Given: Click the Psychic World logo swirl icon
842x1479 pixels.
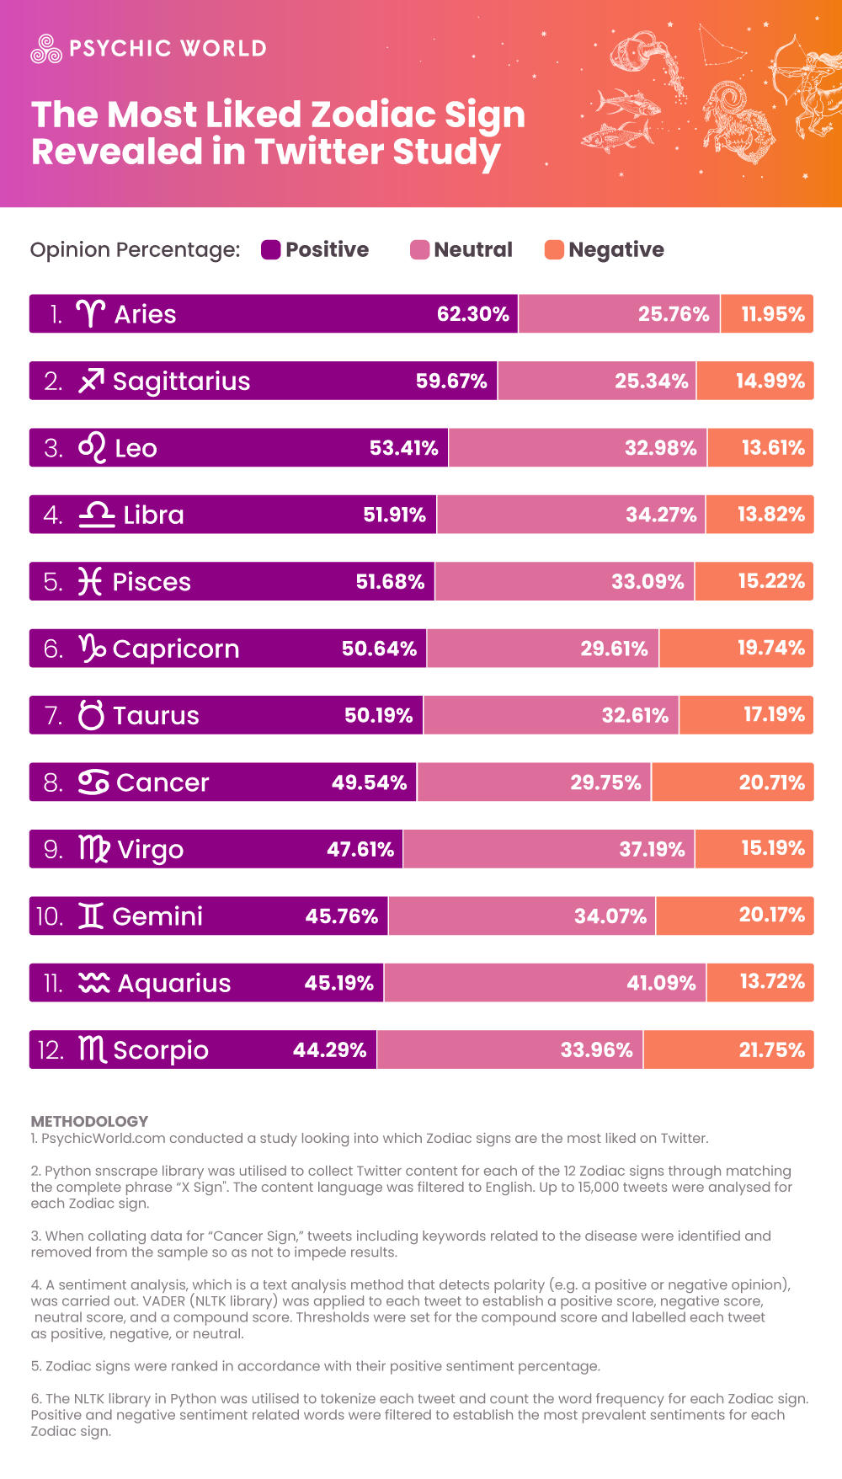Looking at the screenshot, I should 46,49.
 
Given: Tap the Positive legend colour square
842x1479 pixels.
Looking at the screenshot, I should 270,249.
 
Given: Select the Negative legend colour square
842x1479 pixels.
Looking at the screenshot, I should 554,249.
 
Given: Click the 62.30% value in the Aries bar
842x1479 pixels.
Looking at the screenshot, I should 472,314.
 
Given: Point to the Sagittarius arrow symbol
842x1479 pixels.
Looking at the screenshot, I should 91,381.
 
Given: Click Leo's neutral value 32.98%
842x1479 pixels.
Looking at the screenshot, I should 660,448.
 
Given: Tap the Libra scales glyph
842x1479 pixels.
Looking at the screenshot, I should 97,515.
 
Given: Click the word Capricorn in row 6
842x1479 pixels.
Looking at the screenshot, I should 176,649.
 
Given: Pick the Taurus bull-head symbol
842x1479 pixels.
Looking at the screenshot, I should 91,715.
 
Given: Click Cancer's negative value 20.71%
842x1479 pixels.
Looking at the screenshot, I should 771,782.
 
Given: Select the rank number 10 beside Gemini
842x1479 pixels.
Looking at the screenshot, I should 50,916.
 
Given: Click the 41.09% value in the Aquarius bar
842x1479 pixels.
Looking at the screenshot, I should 661,983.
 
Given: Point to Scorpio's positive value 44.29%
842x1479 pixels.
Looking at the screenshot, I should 329,1050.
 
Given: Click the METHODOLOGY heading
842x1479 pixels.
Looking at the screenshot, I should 89,1121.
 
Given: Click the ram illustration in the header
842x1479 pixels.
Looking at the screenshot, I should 737,118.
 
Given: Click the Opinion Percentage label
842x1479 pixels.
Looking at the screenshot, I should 135,249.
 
